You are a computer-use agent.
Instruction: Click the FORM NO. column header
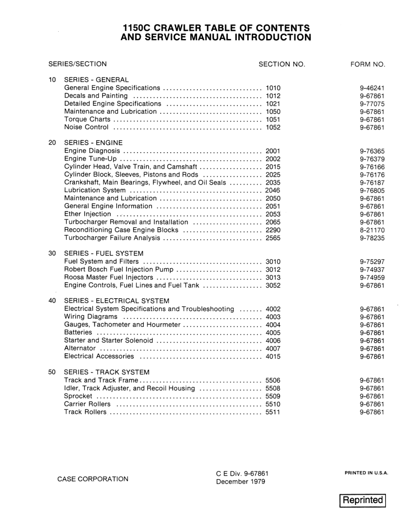pos(368,64)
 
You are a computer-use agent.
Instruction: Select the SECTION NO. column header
pos(282,64)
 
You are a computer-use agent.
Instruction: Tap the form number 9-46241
pos(372,88)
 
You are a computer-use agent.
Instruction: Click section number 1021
pos(273,104)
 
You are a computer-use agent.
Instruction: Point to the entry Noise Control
pos(86,128)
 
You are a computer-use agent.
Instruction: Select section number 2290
pos(273,230)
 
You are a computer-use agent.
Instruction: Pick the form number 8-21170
pos(372,230)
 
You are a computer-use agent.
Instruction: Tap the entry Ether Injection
pos(88,215)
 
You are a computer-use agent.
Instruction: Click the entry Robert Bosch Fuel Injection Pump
pos(118,270)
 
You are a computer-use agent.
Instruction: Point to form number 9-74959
pos(372,278)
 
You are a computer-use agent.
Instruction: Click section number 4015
pos(273,356)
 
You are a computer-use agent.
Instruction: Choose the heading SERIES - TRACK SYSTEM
pos(107,372)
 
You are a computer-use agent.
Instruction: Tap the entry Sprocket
pos(78,396)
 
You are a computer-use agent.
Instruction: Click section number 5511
pos(273,412)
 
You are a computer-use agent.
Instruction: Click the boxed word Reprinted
pos(362,500)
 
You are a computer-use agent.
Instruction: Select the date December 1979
pos(240,482)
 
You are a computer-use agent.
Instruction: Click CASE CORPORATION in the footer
pos(93,479)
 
